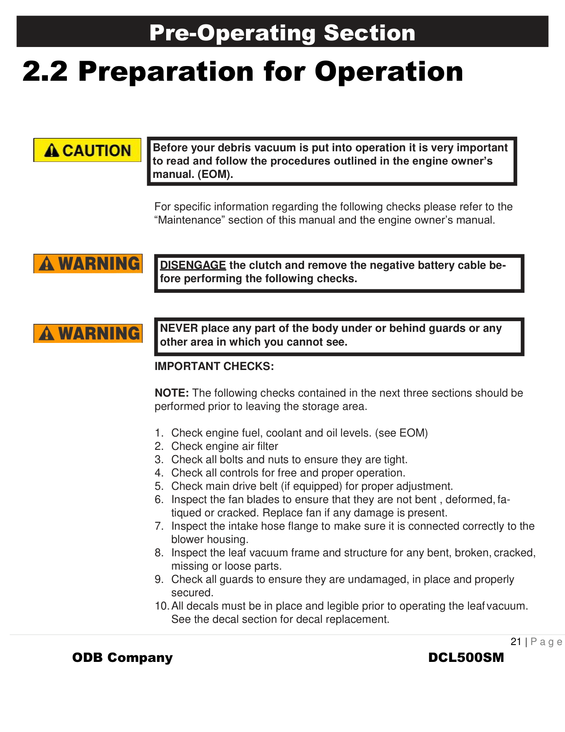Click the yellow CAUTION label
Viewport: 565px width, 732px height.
87,150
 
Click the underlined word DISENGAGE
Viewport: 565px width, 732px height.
193,265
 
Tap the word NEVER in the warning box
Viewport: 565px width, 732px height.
179,328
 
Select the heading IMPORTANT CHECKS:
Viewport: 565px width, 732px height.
214,366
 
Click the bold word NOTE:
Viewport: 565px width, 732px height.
171,393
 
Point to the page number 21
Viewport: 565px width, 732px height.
516,641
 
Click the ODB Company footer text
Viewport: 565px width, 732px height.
122,657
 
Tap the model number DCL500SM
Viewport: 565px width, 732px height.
466,657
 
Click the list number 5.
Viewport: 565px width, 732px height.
159,486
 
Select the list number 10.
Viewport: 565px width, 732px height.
162,606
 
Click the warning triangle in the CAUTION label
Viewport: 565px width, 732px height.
52,151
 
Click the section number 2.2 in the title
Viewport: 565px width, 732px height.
45,71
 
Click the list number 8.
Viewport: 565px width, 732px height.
159,553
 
